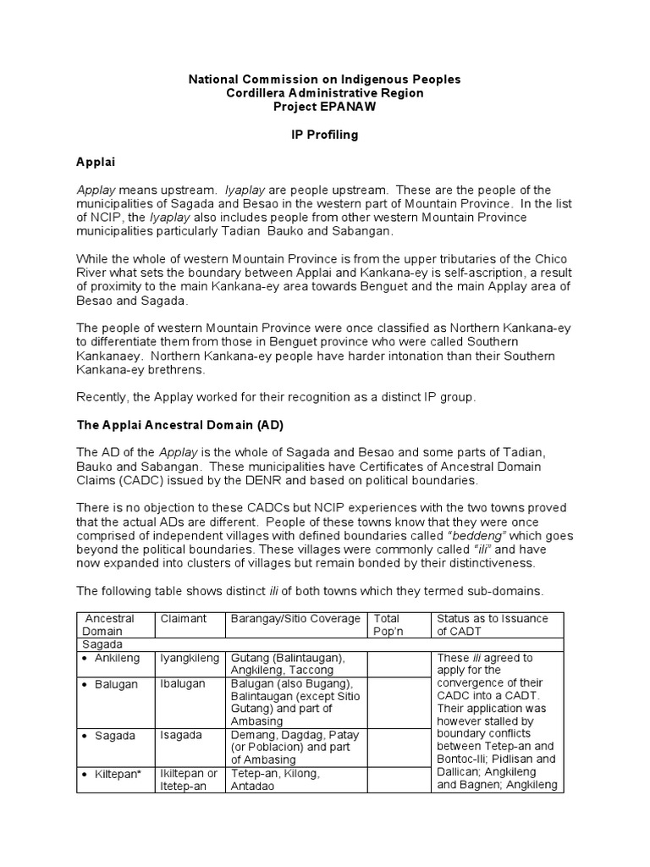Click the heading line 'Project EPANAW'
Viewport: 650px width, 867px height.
pos(324,107)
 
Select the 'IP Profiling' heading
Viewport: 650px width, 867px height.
pos(324,135)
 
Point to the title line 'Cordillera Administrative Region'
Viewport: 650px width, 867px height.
pos(324,93)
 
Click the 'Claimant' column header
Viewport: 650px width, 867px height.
pos(184,619)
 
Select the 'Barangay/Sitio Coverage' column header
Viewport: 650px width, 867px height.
pos(295,619)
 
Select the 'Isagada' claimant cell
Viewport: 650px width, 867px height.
pos(180,735)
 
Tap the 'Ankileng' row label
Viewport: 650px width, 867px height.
pos(116,658)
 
